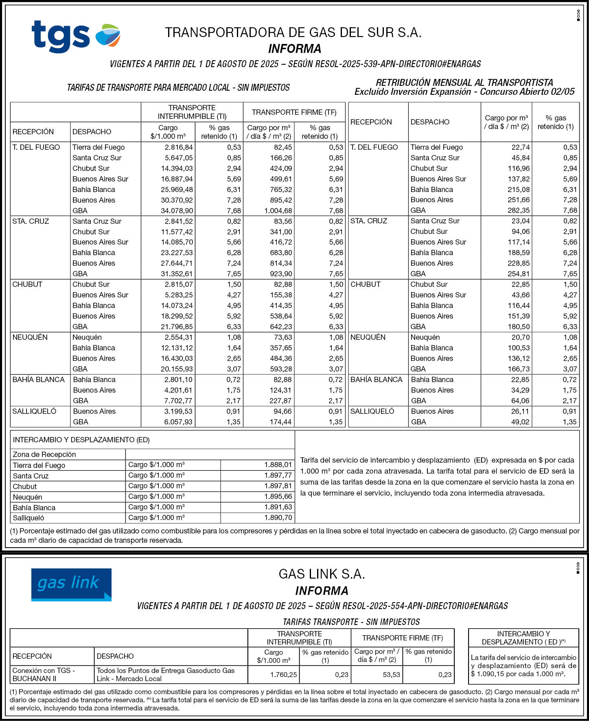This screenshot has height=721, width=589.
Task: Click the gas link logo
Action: [71, 584]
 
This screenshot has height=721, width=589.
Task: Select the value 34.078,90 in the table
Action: [177, 211]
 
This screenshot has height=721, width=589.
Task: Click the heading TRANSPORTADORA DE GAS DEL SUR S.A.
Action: [293, 33]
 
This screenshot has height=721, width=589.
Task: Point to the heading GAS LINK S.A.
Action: [322, 574]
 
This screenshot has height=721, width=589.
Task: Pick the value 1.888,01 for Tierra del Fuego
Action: [278, 465]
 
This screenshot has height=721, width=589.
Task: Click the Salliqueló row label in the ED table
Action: [28, 518]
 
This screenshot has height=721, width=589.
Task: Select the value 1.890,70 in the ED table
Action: [278, 518]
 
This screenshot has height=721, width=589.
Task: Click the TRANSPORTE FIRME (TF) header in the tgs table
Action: [294, 112]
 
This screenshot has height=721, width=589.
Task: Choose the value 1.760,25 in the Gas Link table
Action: [283, 675]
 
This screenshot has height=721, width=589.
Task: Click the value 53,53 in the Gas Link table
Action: [391, 675]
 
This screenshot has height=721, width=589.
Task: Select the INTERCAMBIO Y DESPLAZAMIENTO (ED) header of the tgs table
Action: [81, 440]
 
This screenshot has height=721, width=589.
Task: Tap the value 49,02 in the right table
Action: [520, 422]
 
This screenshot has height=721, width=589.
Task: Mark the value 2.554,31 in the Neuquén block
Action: [179, 337]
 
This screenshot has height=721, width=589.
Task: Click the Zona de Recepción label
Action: [44, 454]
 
